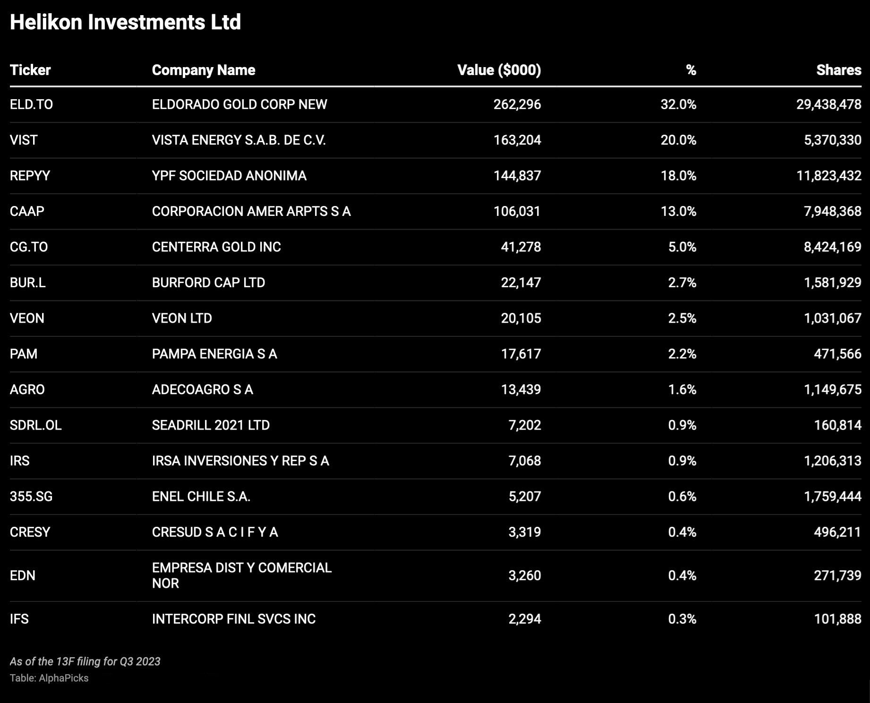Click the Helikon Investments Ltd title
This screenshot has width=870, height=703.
[x=125, y=22]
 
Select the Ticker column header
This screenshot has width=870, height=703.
[x=30, y=70]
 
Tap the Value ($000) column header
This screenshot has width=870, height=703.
[x=499, y=70]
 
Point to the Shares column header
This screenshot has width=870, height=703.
[x=838, y=70]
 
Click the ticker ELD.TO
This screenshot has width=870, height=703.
[x=31, y=104]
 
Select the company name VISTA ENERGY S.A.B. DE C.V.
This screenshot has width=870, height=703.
[x=239, y=140]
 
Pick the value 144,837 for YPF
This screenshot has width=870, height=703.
[x=517, y=176]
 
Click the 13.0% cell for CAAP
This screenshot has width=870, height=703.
[x=678, y=211]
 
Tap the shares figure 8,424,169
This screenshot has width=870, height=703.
[x=832, y=247]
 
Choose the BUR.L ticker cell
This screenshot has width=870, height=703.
[x=28, y=283]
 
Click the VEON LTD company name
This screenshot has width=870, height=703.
[x=182, y=318]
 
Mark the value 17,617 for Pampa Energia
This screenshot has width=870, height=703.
[x=520, y=354]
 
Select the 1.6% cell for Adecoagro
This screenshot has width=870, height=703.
[x=682, y=390]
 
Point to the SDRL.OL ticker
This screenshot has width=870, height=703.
[x=36, y=425]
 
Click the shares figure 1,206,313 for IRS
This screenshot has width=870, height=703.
[x=832, y=461]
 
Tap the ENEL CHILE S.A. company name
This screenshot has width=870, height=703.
[x=201, y=497]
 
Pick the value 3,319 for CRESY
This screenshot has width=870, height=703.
[x=524, y=532]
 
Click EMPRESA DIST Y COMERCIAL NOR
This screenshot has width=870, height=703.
[x=241, y=575]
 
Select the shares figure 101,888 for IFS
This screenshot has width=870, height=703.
[x=837, y=619]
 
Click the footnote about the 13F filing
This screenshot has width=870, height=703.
[x=85, y=661]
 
